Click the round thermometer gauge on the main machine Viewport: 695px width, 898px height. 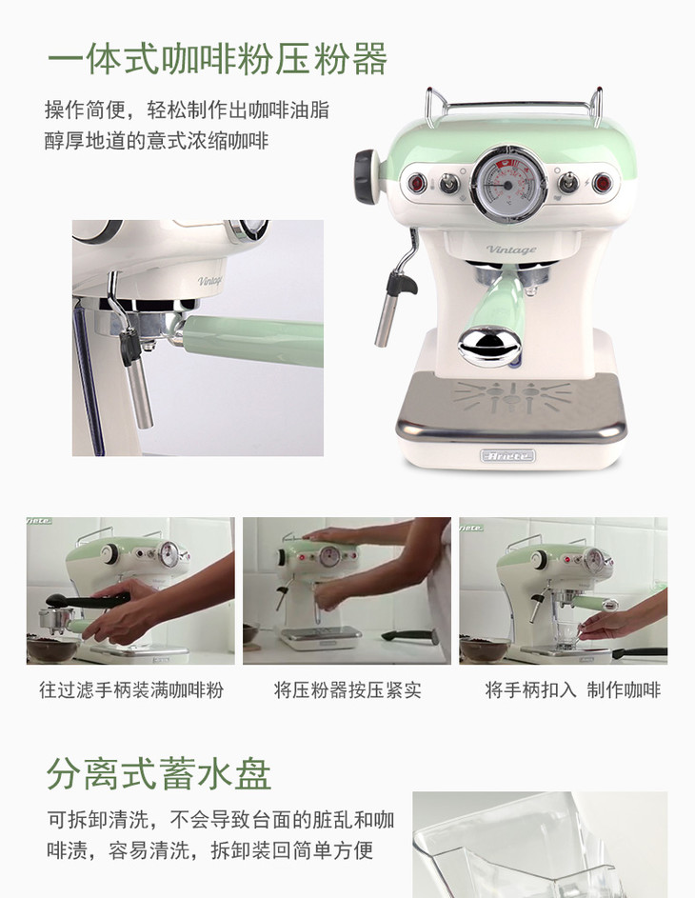click(507, 184)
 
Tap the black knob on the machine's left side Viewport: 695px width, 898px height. click(366, 176)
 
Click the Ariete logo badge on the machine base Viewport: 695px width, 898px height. click(507, 456)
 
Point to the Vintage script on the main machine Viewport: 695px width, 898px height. click(511, 249)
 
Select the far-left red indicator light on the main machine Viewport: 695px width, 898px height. click(417, 183)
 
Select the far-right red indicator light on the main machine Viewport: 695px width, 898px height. click(603, 183)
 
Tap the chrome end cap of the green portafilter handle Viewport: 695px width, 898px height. click(490, 346)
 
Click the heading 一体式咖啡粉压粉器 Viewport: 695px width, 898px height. click(218, 59)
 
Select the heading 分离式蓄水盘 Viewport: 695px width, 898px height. click(159, 773)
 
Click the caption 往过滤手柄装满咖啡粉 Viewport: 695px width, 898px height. click(131, 690)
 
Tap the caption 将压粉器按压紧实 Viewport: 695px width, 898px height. click(347, 690)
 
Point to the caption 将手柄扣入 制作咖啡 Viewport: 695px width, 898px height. click(572, 690)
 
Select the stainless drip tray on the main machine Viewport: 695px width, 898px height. click(510, 406)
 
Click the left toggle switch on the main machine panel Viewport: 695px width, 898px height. click(449, 183)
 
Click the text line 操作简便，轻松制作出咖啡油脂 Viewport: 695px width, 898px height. click(187, 110)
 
